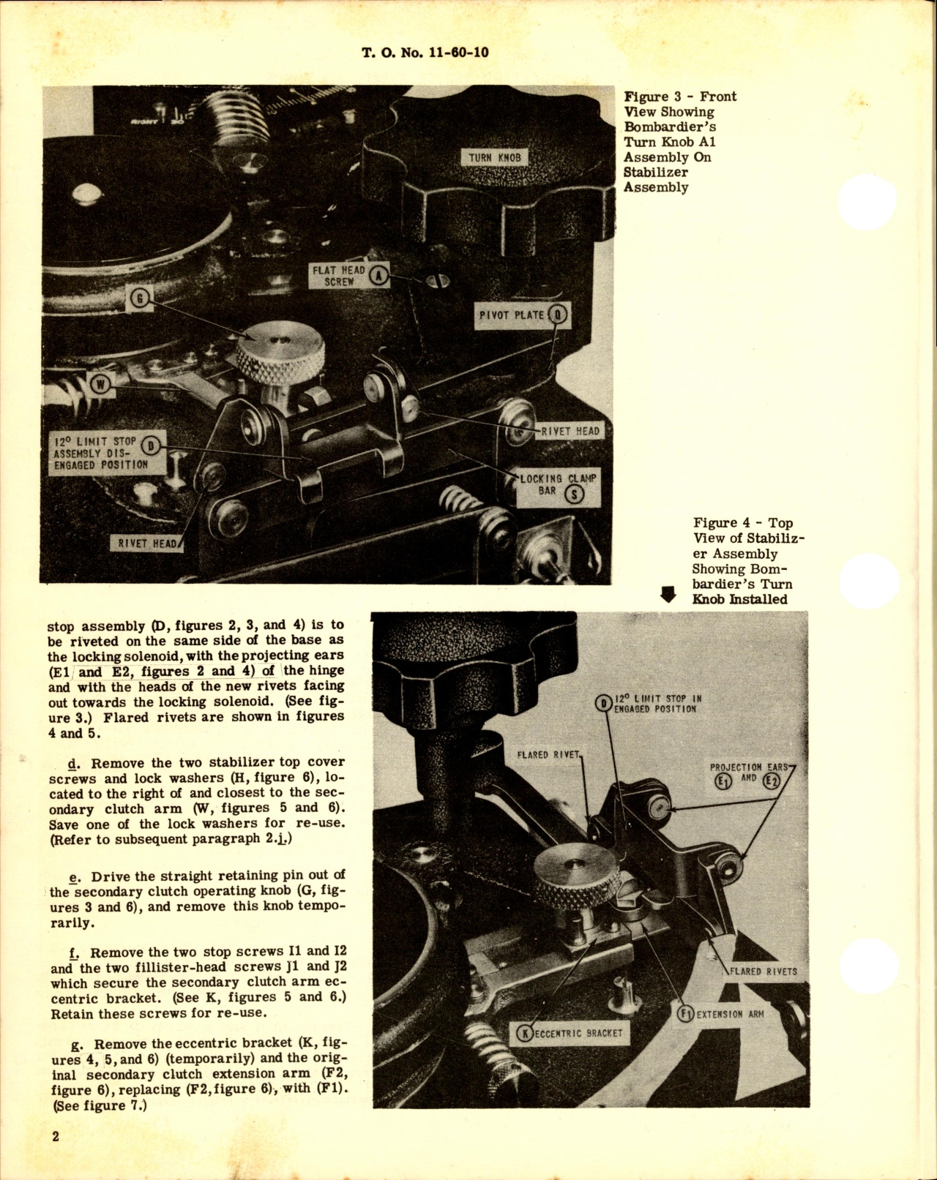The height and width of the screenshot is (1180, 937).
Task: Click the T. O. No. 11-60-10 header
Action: coord(425,53)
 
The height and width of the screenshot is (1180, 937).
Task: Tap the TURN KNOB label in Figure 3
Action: coord(494,157)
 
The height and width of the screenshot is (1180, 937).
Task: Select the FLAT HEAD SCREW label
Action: coord(338,276)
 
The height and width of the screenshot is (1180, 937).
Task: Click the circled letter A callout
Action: coord(378,276)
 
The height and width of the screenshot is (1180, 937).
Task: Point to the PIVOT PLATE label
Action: coord(512,315)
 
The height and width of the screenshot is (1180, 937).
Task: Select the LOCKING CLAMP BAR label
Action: coord(558,484)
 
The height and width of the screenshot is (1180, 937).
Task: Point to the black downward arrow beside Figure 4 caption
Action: coord(668,595)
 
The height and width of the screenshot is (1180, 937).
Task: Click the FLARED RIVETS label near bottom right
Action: coord(762,972)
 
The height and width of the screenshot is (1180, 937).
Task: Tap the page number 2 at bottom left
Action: coord(55,1136)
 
